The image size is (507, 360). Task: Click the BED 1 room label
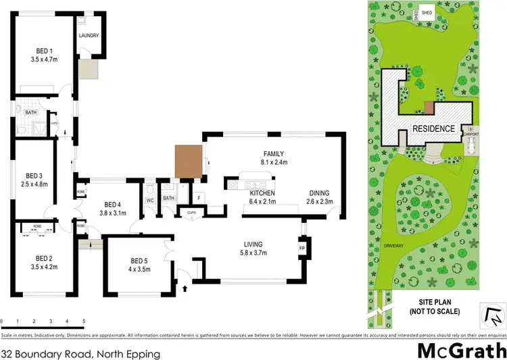(x=44, y=50)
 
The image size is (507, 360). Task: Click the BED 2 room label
(x=44, y=257)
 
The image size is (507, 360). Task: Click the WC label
(x=150, y=200)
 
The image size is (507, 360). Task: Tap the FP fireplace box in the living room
(x=302, y=248)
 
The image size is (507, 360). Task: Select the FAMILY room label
(x=273, y=153)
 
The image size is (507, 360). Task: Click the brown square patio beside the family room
(x=189, y=161)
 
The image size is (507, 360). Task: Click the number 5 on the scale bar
(x=83, y=322)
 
